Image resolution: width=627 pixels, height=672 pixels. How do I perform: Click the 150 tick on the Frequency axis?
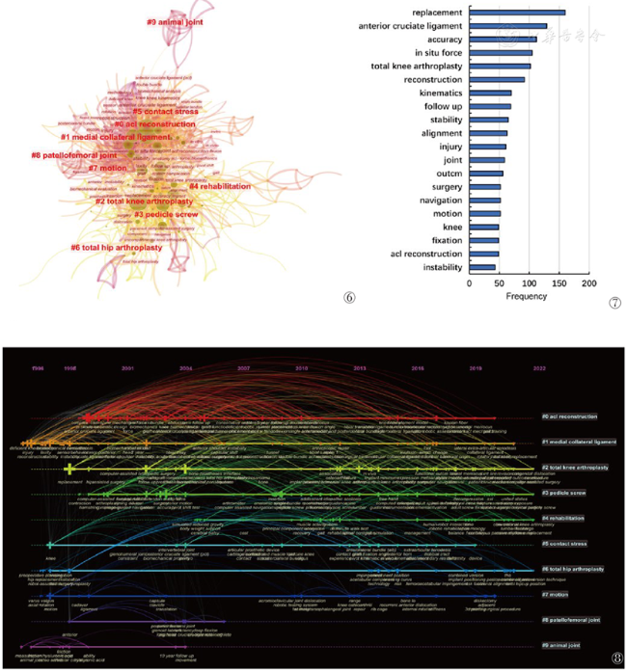tap(559, 283)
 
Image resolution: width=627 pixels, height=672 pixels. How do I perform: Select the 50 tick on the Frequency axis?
tap(499, 283)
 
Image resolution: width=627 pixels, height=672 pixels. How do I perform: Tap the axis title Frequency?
tap(528, 296)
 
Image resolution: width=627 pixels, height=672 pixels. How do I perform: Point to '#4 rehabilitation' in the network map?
tap(220, 186)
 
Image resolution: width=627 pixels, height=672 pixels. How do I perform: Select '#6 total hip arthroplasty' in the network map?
tap(117, 248)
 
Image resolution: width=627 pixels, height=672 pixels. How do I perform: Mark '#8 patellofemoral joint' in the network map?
tap(73, 155)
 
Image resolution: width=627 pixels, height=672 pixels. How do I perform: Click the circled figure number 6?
tap(349, 298)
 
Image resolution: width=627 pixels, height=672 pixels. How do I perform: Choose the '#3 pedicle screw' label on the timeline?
tap(566, 493)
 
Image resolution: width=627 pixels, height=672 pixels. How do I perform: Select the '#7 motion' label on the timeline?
tap(558, 595)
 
